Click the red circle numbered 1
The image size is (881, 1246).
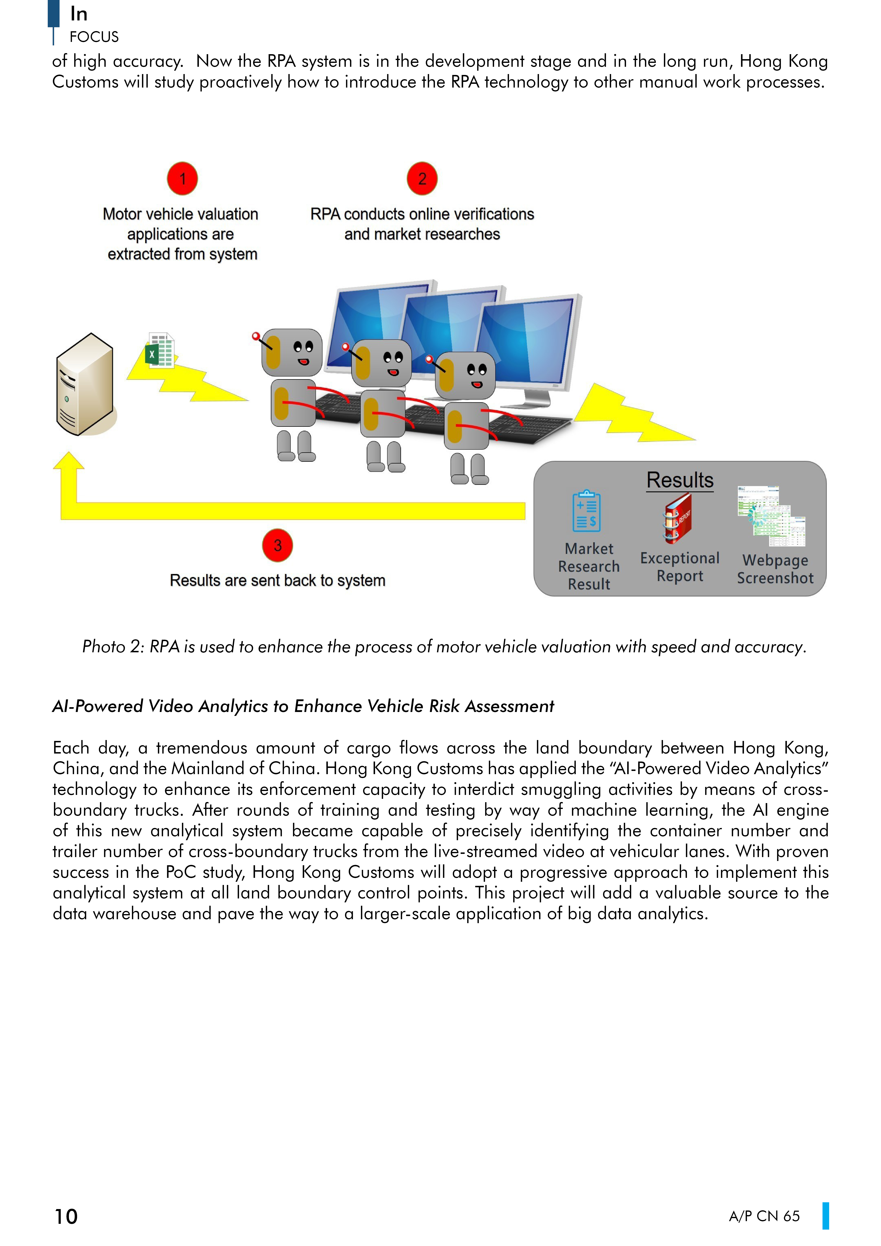182,178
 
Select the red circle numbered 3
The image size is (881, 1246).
277,545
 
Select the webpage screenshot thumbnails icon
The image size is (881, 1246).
771,516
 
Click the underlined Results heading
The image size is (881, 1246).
680,480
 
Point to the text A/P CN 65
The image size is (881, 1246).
764,1216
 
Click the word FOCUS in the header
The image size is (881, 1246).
94,37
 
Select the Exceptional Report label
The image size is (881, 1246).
680,567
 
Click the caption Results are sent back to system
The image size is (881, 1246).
277,581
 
